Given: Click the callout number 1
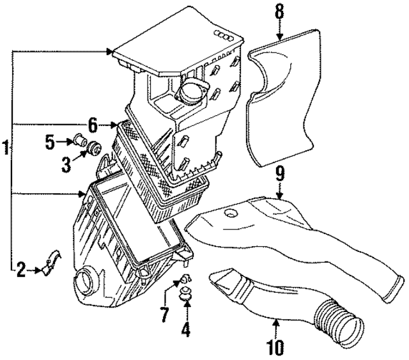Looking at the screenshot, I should click(6, 150).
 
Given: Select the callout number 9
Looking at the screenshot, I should click(279, 173).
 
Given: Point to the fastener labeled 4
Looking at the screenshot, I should click(187, 293).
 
